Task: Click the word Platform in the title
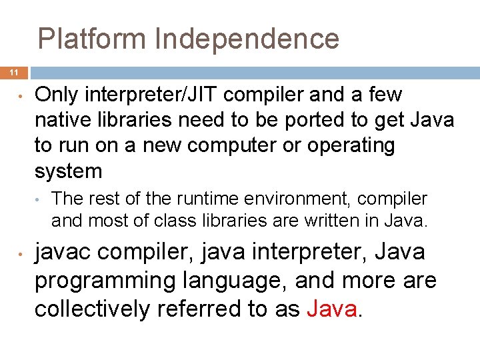click(93, 39)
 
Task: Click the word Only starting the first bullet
click(57, 95)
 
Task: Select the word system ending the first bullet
click(68, 171)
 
